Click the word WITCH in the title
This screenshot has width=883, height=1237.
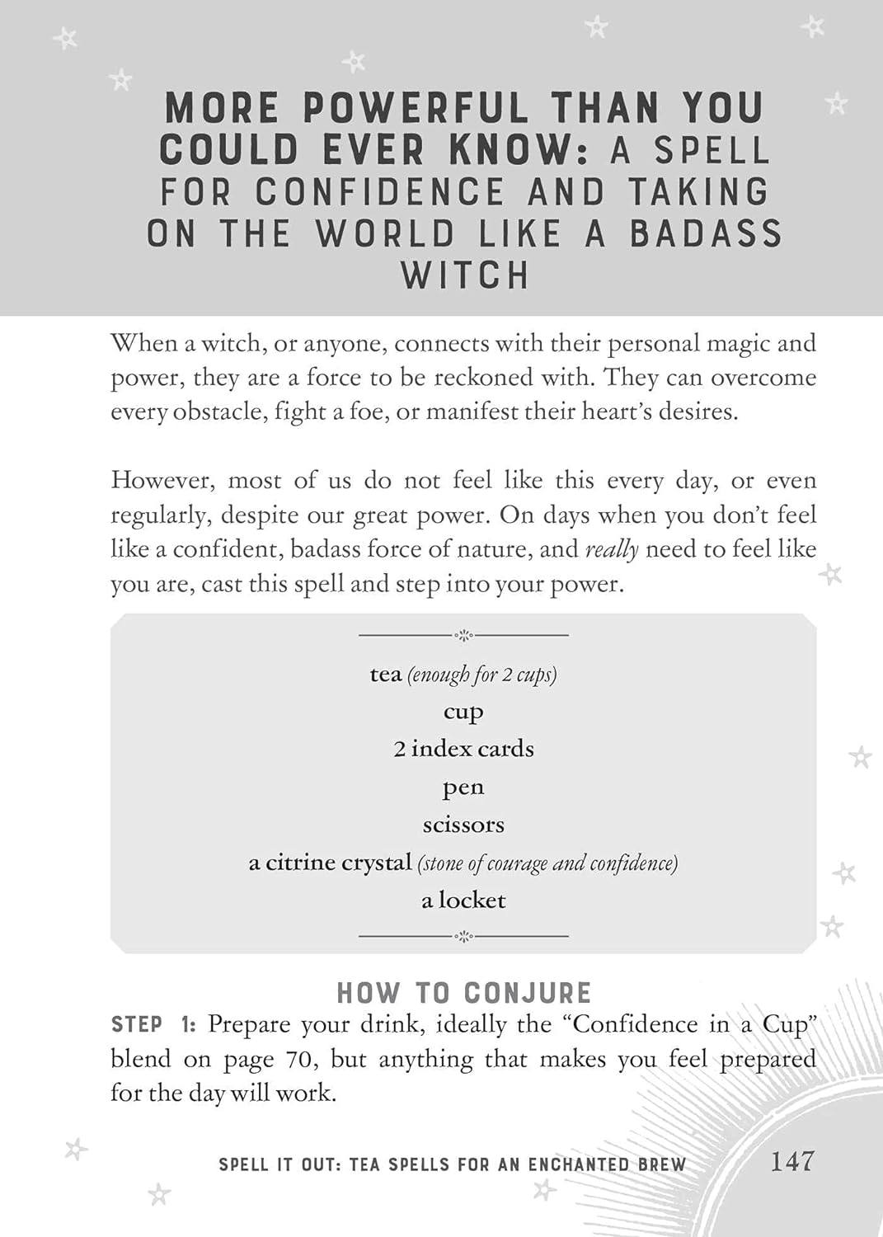pyautogui.click(x=464, y=275)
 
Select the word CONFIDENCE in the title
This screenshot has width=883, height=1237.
pyautogui.click(x=379, y=192)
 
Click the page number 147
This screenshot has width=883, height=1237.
pyautogui.click(x=791, y=1161)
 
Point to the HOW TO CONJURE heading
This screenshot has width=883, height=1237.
pyautogui.click(x=464, y=992)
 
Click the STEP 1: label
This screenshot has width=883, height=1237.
pyautogui.click(x=153, y=1025)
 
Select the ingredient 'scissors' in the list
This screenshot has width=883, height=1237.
pyautogui.click(x=463, y=825)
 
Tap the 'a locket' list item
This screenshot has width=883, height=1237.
pyautogui.click(x=463, y=900)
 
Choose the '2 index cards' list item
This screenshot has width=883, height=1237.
pyautogui.click(x=463, y=749)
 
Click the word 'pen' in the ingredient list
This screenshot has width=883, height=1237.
pyautogui.click(x=463, y=788)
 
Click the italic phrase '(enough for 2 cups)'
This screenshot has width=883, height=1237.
pyautogui.click(x=482, y=675)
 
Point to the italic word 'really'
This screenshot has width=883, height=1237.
pyautogui.click(x=611, y=550)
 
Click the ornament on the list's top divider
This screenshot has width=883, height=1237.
pyautogui.click(x=463, y=635)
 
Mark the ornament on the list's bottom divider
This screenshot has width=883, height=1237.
pyautogui.click(x=463, y=936)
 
